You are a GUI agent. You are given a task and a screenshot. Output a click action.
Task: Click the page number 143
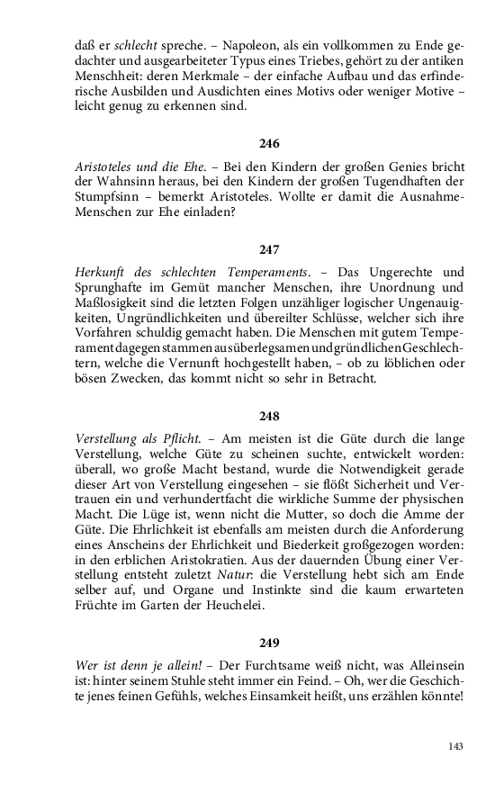456,747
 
